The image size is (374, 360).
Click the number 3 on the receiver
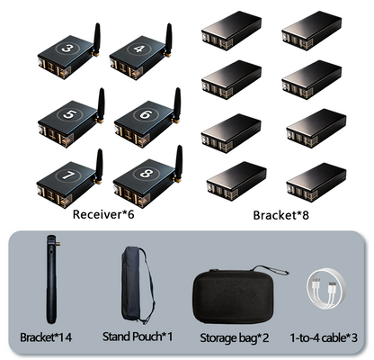(x=67, y=48)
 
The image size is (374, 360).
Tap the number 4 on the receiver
(x=139, y=49)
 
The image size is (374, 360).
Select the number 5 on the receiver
(x=69, y=114)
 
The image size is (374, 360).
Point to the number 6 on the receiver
(x=146, y=114)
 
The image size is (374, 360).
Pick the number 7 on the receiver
(x=68, y=175)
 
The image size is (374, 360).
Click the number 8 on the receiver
(x=147, y=174)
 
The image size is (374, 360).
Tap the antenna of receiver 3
(x=96, y=40)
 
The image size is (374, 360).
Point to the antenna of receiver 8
(x=179, y=164)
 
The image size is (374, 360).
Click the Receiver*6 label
(x=103, y=214)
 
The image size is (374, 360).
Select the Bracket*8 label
(x=280, y=215)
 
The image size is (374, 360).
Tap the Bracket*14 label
(x=46, y=337)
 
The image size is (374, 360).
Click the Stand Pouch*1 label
(x=138, y=337)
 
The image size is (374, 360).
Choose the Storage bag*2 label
(x=234, y=338)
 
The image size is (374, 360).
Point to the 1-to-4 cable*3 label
(x=324, y=338)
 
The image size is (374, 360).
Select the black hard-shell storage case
(x=233, y=297)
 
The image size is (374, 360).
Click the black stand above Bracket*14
(x=51, y=279)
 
